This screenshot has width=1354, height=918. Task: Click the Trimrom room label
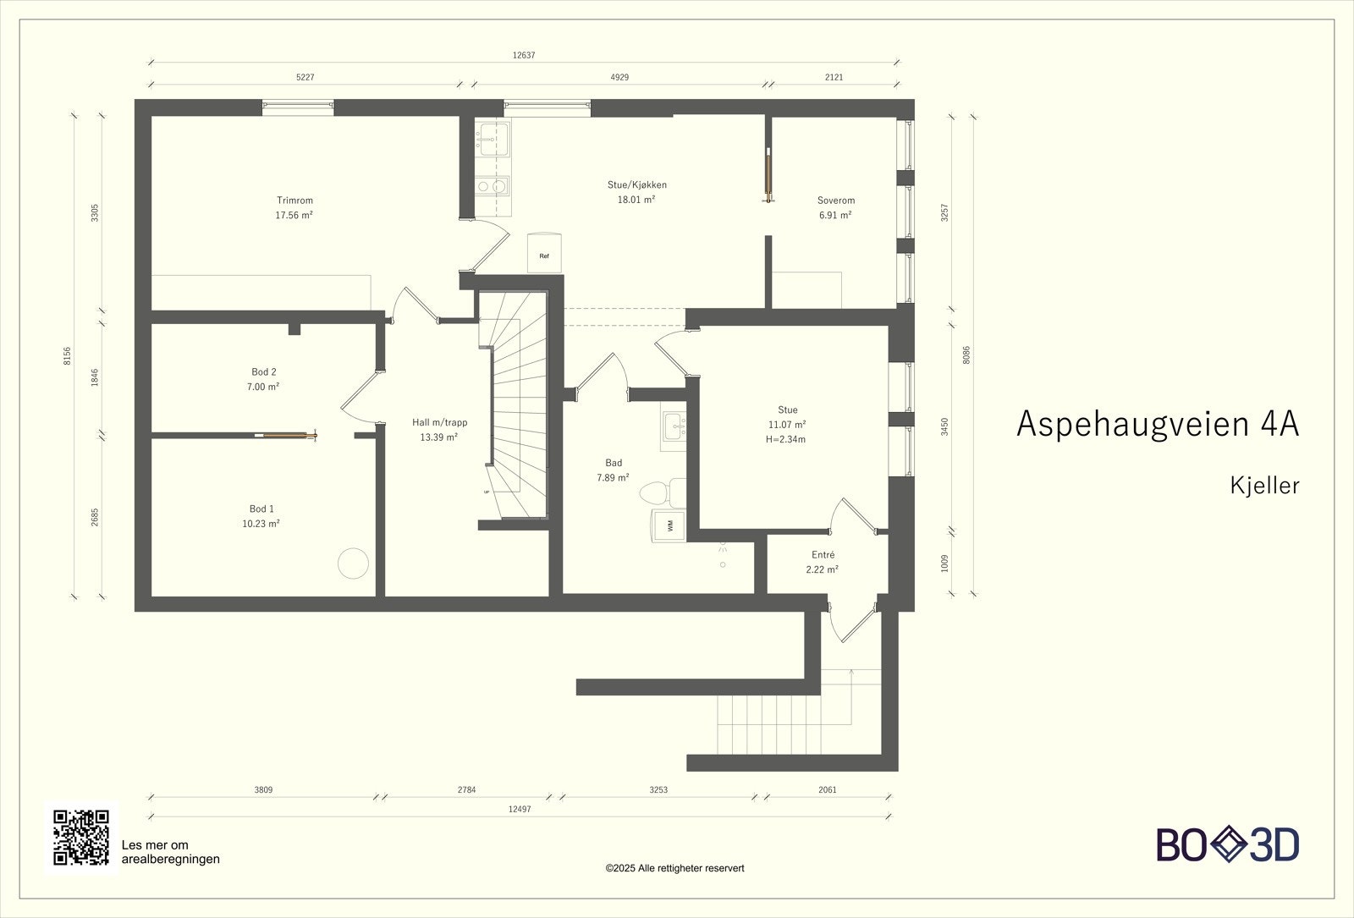pyautogui.click(x=294, y=200)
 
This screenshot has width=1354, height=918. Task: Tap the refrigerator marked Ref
pyautogui.click(x=544, y=253)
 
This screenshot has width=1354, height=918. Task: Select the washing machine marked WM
pyautogui.click(x=669, y=525)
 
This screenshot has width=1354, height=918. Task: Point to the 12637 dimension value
pyautogui.click(x=524, y=55)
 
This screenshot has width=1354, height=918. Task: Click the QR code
pyautogui.click(x=81, y=837)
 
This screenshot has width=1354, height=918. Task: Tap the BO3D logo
pyautogui.click(x=1228, y=844)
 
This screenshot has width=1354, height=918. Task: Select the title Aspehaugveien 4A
pyautogui.click(x=1158, y=424)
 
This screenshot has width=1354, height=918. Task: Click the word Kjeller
pyautogui.click(x=1264, y=486)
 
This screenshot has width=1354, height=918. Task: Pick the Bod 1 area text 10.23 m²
pyautogui.click(x=261, y=524)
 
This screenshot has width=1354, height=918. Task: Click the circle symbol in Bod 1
pyautogui.click(x=353, y=563)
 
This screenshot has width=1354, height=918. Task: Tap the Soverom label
pyautogui.click(x=836, y=200)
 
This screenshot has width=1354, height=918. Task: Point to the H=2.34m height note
pyautogui.click(x=786, y=439)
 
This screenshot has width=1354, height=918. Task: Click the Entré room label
pyautogui.click(x=823, y=554)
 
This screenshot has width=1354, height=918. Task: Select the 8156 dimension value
pyautogui.click(x=67, y=355)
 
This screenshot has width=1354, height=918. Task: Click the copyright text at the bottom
pyautogui.click(x=674, y=868)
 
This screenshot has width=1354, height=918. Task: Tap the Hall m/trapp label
pyautogui.click(x=439, y=422)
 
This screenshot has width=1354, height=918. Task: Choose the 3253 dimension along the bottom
pyautogui.click(x=658, y=789)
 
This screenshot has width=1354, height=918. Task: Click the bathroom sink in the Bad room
pyautogui.click(x=674, y=427)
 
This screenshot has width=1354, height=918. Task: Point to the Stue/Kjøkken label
pyautogui.click(x=637, y=184)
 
